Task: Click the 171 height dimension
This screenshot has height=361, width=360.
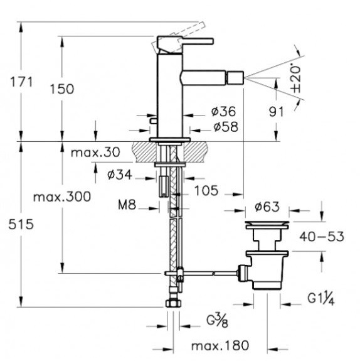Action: [21, 82]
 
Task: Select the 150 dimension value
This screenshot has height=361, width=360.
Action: [62, 89]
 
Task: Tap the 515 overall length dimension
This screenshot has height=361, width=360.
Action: [21, 224]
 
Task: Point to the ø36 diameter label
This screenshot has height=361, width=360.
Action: [224, 111]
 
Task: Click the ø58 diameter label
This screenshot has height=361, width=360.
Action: [226, 127]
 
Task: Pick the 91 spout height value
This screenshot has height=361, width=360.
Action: [277, 112]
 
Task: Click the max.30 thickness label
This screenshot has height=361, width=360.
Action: [95, 153]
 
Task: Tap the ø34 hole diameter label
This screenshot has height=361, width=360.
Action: [120, 175]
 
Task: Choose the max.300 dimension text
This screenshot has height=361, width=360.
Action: [62, 197]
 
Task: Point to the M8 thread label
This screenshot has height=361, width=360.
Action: [127, 205]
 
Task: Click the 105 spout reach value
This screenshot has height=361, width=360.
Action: [206, 190]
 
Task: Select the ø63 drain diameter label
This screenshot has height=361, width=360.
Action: [267, 207]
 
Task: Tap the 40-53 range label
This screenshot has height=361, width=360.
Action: [322, 237]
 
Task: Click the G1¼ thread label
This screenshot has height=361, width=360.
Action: [321, 299]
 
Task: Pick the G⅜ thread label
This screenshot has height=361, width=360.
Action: [217, 320]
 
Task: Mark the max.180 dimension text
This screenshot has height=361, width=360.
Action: [220, 345]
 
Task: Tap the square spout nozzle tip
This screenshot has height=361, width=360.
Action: [235, 78]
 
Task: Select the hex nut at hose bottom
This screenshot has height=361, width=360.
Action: [173, 303]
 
